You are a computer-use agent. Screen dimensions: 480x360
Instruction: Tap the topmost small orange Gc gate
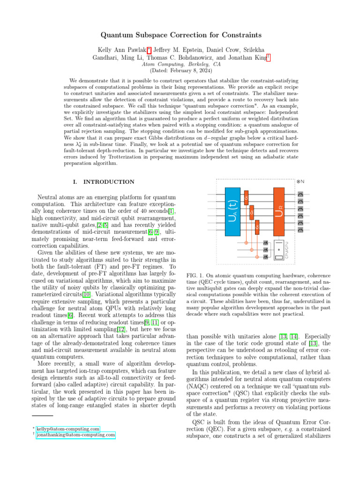pos(246,198)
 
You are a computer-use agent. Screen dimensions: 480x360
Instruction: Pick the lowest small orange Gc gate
pos(257,228)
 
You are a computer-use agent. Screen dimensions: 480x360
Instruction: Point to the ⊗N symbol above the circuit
pos(300,181)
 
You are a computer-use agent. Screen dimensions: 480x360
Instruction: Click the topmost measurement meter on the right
pos(300,194)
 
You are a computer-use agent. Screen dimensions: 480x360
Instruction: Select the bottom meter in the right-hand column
pos(300,230)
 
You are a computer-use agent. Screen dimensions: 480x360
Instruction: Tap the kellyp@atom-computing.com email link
pos(68,428)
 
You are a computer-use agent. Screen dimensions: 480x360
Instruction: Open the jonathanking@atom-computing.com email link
pos(75,435)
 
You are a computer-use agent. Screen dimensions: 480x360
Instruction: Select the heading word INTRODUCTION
pos(112,182)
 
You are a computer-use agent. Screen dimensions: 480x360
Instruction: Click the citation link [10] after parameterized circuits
pos(82,307)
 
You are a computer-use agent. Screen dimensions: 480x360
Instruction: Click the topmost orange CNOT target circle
pos(246,243)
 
